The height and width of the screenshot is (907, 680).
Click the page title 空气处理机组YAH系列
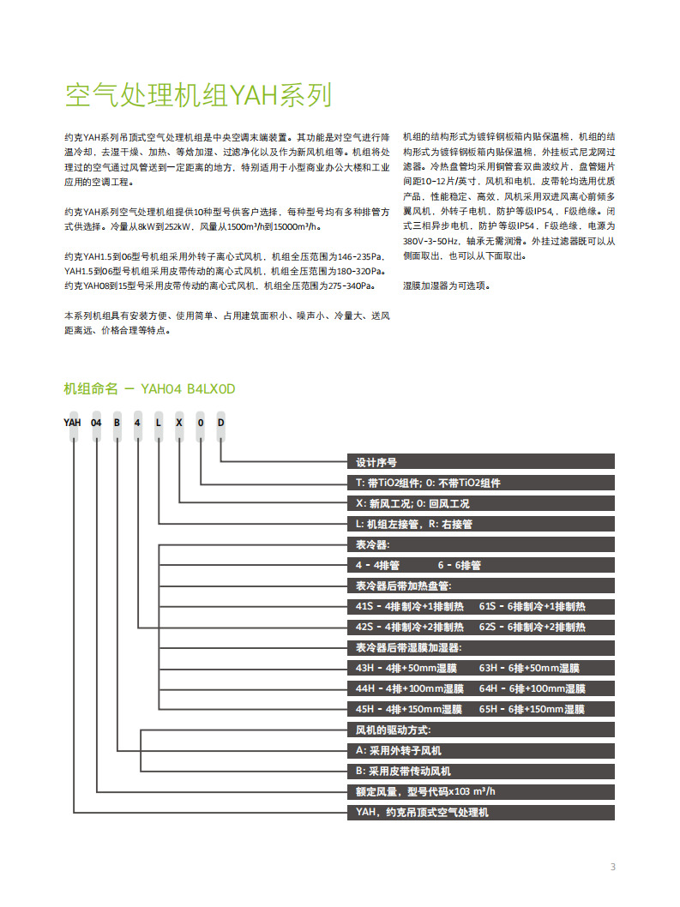198,95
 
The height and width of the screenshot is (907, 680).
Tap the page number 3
612,866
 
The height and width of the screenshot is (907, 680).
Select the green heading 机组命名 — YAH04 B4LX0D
149,389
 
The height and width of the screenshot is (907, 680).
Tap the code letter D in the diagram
220,422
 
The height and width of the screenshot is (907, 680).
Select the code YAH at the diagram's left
72,422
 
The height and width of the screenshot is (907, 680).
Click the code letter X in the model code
178,422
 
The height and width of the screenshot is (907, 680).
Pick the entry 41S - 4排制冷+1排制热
410,606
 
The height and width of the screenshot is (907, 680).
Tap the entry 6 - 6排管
460,565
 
